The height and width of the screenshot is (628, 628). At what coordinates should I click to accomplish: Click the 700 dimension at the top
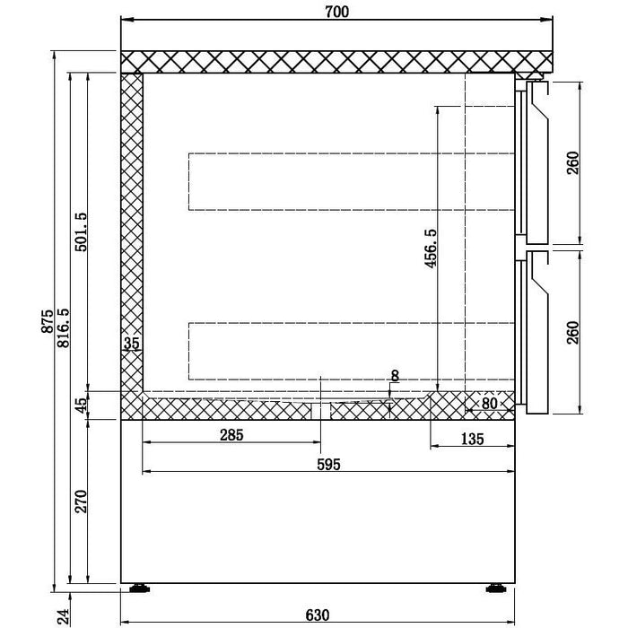[336, 12]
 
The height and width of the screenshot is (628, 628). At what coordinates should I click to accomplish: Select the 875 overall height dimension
[48, 321]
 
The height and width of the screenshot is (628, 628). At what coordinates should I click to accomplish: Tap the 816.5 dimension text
[64, 327]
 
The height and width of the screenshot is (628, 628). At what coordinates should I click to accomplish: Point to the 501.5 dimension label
[81, 231]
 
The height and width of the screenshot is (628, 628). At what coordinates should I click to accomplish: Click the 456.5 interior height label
[431, 249]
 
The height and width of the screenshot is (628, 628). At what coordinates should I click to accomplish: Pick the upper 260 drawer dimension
[573, 162]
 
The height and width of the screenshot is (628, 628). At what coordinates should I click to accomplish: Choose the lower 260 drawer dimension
[573, 333]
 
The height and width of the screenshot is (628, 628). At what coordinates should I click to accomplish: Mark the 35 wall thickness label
[131, 344]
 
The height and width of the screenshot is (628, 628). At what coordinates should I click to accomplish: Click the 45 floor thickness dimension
[82, 406]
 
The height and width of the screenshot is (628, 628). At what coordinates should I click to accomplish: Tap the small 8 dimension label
[395, 376]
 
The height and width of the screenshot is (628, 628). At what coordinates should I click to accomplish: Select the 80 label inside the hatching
[489, 404]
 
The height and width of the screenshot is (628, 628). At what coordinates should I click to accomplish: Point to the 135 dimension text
[473, 439]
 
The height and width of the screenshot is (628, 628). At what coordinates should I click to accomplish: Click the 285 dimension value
[231, 434]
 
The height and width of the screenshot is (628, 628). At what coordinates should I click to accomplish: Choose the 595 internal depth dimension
[329, 464]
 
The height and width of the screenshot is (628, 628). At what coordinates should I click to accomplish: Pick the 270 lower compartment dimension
[81, 501]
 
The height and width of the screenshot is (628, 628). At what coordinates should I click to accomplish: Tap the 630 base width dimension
[318, 615]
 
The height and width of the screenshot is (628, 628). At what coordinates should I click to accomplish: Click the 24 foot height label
[64, 616]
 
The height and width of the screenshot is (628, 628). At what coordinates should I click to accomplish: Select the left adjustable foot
[139, 588]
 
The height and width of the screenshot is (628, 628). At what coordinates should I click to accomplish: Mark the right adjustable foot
[496, 588]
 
